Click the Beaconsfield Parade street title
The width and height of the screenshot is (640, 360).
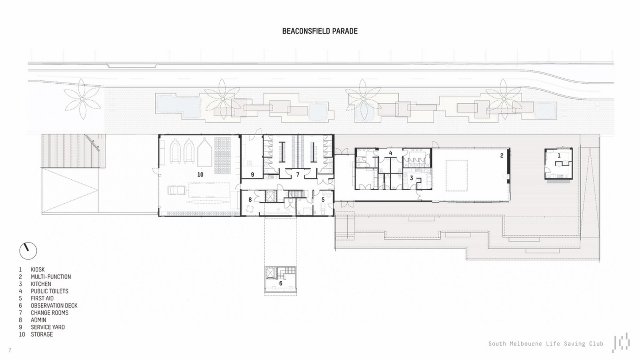[x=320, y=31]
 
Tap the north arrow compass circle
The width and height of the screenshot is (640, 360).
[x=28, y=251]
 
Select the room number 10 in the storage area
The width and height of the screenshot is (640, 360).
[x=200, y=174]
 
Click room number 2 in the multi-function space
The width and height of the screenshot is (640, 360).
[x=502, y=156]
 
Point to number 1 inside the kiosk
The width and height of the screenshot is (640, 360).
[x=559, y=156]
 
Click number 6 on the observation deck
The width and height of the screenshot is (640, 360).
[x=280, y=283]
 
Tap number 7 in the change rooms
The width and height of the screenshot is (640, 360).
[x=298, y=174]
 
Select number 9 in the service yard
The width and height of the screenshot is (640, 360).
[x=252, y=174]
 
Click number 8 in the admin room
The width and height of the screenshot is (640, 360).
[x=250, y=200]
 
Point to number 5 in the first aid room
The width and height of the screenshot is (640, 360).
[x=323, y=200]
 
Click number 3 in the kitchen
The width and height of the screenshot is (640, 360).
[x=412, y=178]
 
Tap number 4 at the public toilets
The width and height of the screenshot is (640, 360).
[x=390, y=153]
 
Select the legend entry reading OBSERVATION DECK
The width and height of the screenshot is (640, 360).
[x=54, y=306]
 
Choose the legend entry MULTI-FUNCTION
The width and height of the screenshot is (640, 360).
[x=51, y=276]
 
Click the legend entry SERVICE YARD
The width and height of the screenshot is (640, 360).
[x=48, y=327]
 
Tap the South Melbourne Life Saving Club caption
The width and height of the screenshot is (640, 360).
[x=546, y=344]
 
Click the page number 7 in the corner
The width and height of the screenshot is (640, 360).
[x=10, y=350]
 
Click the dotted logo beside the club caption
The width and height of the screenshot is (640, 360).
[x=621, y=342]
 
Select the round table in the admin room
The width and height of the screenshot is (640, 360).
[x=250, y=209]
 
